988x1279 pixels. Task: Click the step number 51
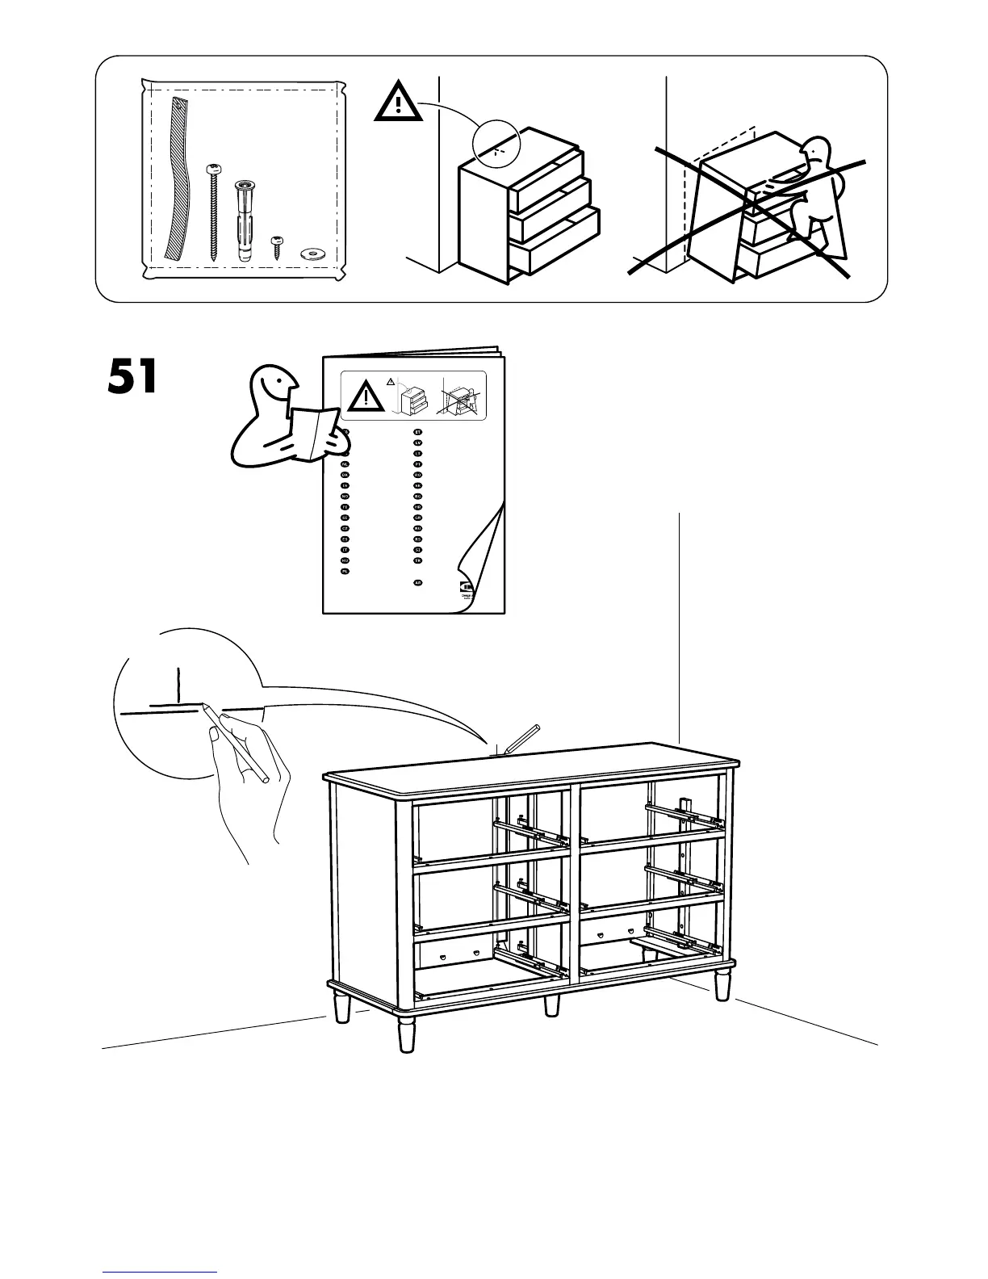tap(133, 378)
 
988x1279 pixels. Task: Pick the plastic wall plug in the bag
tap(245, 220)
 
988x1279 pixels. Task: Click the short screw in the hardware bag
tap(277, 245)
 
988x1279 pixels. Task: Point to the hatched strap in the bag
tap(177, 178)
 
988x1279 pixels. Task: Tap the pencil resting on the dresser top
tap(520, 737)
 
